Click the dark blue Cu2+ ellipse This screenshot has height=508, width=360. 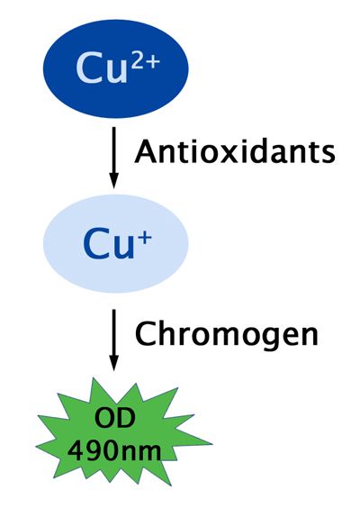point(115,68)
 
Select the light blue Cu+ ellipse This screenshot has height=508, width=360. point(115,243)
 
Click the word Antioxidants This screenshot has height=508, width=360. point(235,151)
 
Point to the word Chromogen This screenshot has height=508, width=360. point(227,334)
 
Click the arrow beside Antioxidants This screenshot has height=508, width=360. point(113,158)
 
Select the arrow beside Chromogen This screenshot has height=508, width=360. point(113,340)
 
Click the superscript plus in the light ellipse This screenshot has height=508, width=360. point(145,239)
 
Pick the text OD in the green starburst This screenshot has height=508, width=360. point(114,417)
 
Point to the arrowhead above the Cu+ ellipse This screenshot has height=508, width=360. point(113,180)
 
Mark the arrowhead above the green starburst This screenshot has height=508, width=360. point(113,363)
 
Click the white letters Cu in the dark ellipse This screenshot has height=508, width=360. point(102,69)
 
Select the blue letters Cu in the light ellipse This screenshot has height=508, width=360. point(109,244)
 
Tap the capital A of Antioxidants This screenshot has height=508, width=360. point(147,150)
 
